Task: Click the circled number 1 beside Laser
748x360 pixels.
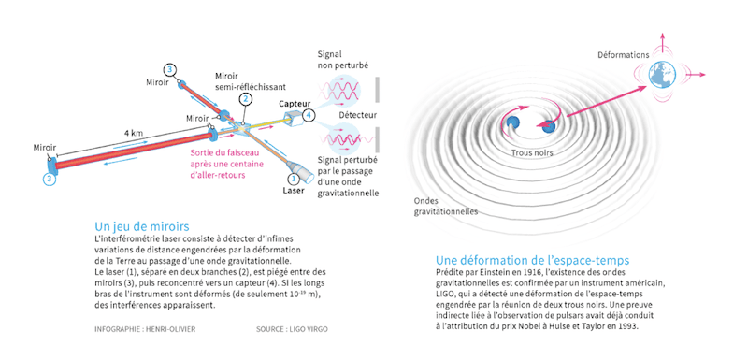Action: coord(293,178)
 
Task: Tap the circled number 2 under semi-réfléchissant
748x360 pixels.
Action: coord(245,99)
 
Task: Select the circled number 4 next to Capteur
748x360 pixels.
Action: coord(309,115)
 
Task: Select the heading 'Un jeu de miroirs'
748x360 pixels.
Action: coord(142,226)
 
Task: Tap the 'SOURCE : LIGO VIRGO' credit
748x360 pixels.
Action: coord(292,329)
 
